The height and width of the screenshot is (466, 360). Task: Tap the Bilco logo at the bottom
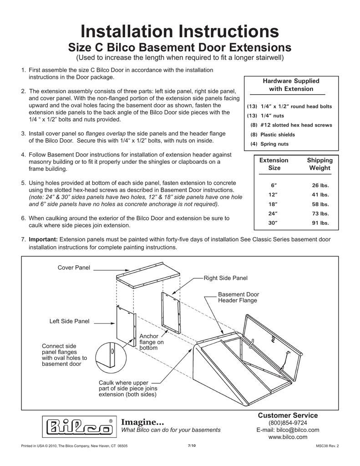tap(79, 426)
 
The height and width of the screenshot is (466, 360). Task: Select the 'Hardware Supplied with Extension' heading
tap(291, 85)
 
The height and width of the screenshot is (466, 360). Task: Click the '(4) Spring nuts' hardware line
tap(269, 144)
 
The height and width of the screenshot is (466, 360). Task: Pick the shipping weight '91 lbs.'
tap(320, 223)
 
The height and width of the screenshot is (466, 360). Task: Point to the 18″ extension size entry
tap(273, 204)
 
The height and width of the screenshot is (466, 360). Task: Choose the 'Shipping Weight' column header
tap(320, 164)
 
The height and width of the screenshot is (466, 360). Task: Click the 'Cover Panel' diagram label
tap(74, 267)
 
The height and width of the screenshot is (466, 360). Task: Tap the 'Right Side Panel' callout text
tap(225, 278)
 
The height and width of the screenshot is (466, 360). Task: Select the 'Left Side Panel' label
tap(69, 321)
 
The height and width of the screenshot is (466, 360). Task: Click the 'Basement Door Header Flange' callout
tap(238, 297)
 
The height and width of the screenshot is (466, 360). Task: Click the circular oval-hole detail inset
tap(109, 355)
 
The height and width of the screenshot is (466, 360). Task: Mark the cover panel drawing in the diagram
tap(148, 274)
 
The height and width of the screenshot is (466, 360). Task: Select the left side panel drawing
tap(126, 325)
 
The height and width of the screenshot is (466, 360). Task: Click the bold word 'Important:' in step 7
tap(43, 239)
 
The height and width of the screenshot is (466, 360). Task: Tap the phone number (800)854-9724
tap(288, 423)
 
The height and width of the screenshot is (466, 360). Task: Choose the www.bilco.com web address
tap(288, 437)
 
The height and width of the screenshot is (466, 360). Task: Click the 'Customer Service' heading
tap(288, 415)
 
